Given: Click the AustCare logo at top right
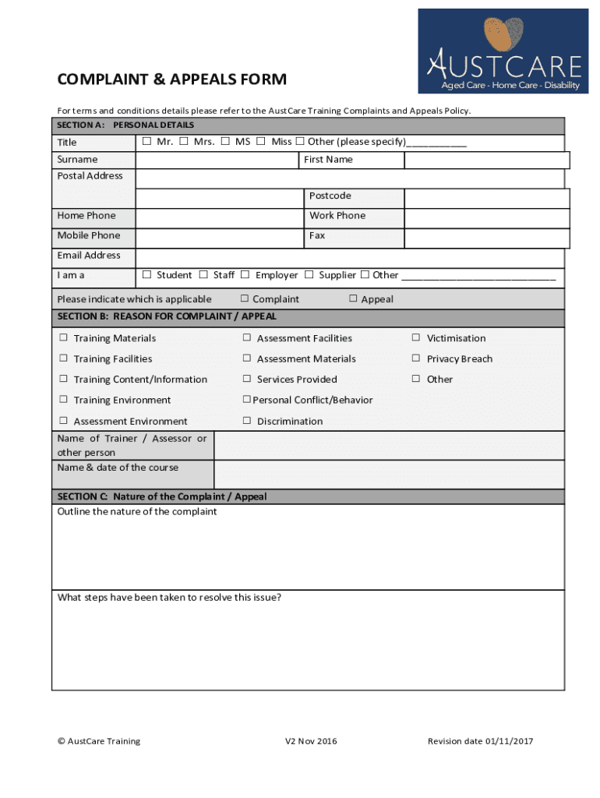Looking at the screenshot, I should [x=503, y=51].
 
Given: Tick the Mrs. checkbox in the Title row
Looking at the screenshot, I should [x=184, y=142].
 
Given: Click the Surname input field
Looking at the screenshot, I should [x=217, y=160].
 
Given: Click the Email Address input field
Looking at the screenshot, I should [x=350, y=258].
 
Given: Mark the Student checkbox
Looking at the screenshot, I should [x=146, y=275].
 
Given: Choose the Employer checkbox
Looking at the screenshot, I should [x=245, y=275].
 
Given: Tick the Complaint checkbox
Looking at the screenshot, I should [x=245, y=298].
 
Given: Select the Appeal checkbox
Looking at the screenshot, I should [x=353, y=298].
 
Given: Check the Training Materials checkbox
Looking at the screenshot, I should [x=64, y=338].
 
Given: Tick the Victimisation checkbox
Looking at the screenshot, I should [x=416, y=338].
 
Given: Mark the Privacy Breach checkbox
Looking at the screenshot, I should [x=416, y=358].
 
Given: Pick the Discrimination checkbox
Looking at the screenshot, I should [x=246, y=421].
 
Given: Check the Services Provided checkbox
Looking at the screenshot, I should [x=246, y=380].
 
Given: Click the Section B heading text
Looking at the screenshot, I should [x=167, y=317].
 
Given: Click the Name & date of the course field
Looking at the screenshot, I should [x=389, y=475].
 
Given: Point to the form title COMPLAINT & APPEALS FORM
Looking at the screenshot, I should [x=172, y=79].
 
